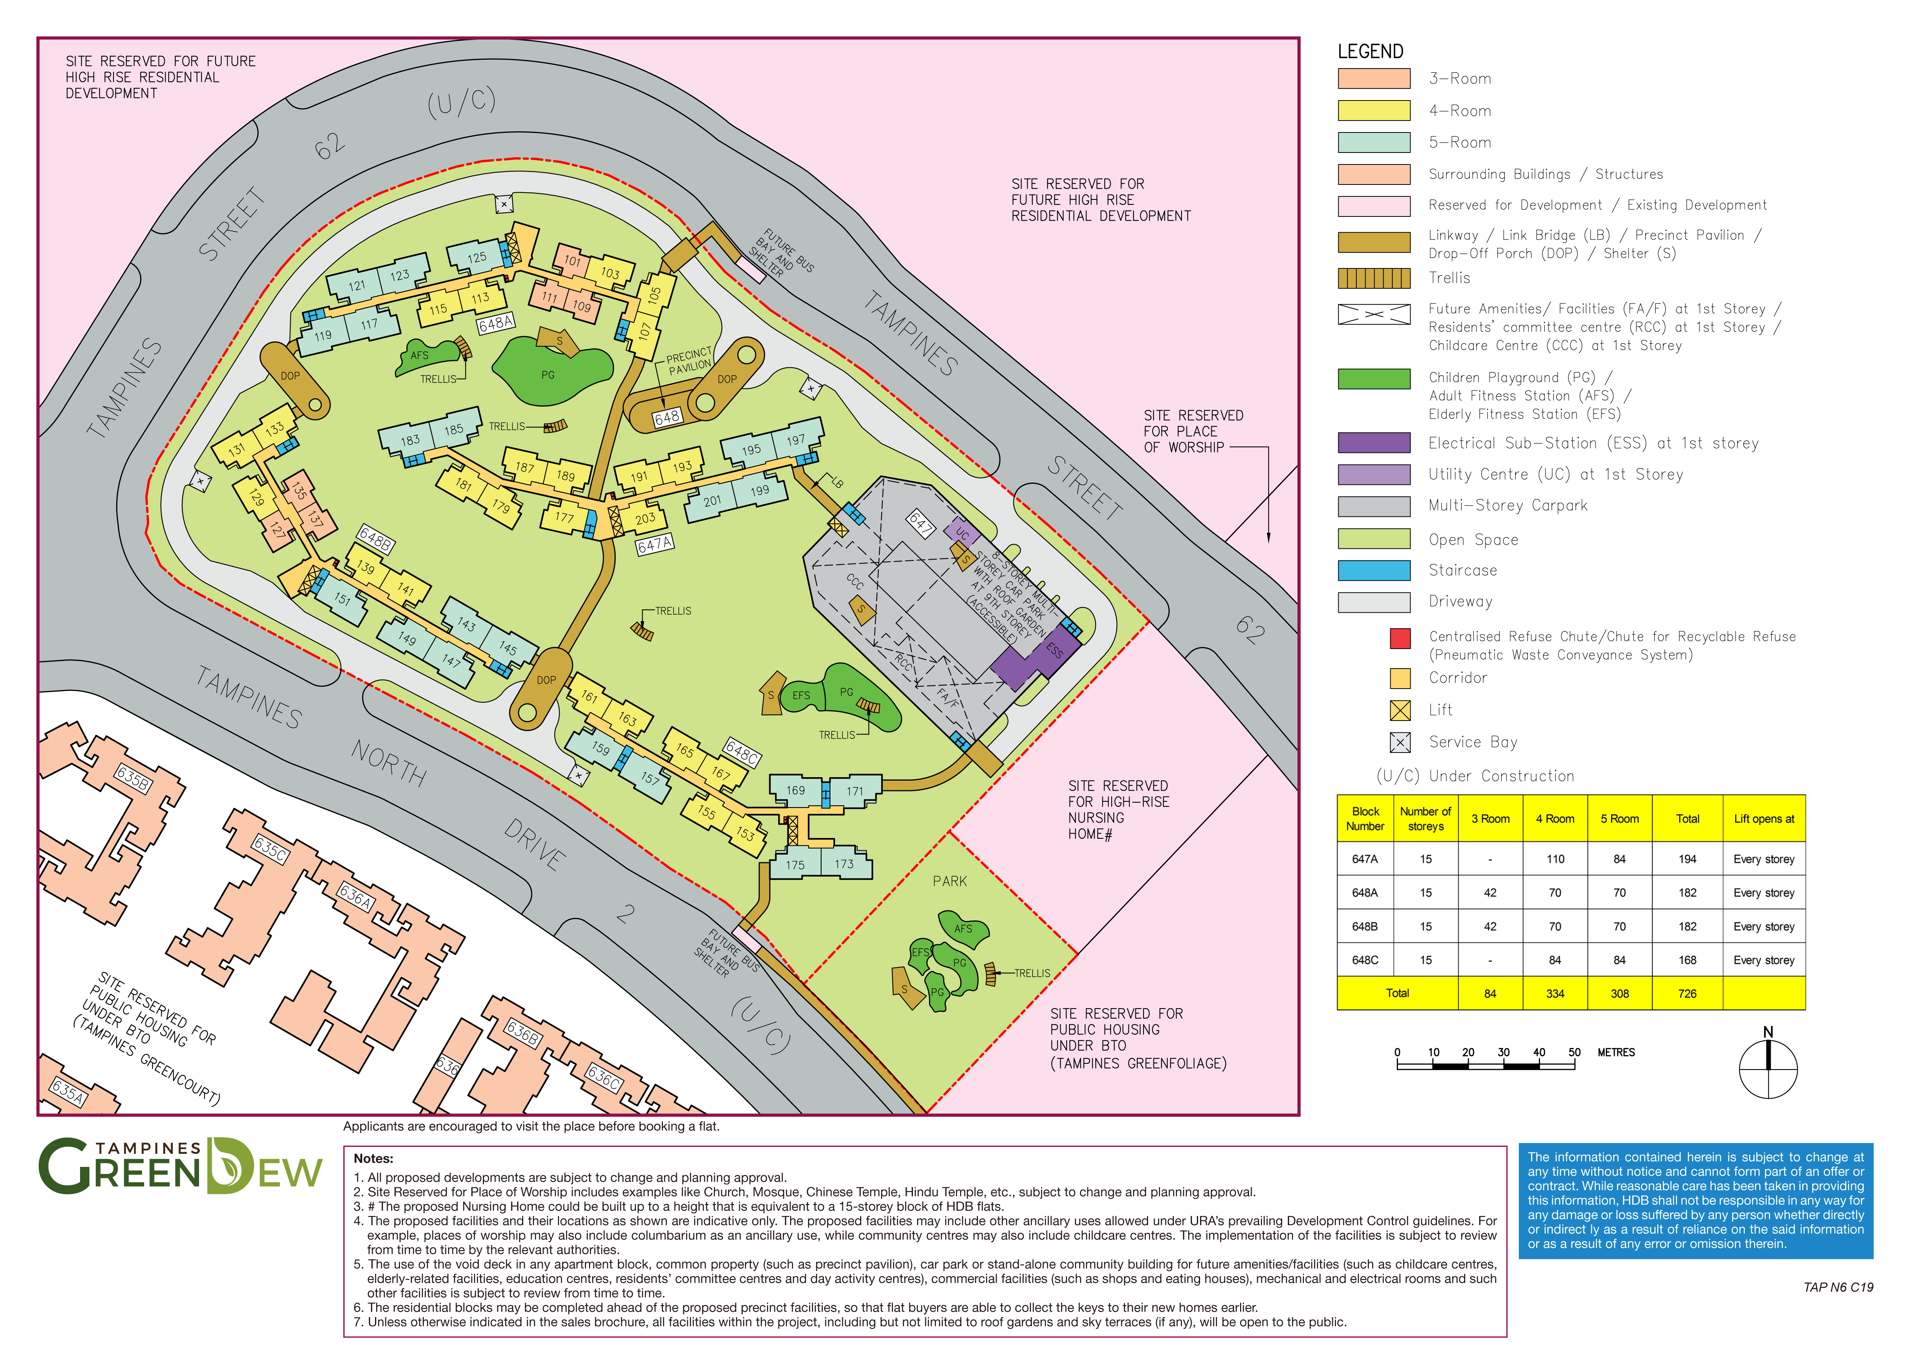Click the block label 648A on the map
pyautogui.click(x=496, y=324)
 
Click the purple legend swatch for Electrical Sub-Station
pyautogui.click(x=1373, y=443)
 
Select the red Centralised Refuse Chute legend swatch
pyautogui.click(x=1400, y=638)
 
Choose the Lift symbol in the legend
pyautogui.click(x=1400, y=710)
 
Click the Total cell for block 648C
pyautogui.click(x=1687, y=960)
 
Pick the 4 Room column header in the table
pyautogui.click(x=1555, y=819)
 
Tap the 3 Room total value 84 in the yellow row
pyautogui.click(x=1490, y=993)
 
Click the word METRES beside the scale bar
pyautogui.click(x=1615, y=1053)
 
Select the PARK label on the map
pyautogui.click(x=950, y=881)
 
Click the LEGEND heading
pyautogui.click(x=1370, y=52)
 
